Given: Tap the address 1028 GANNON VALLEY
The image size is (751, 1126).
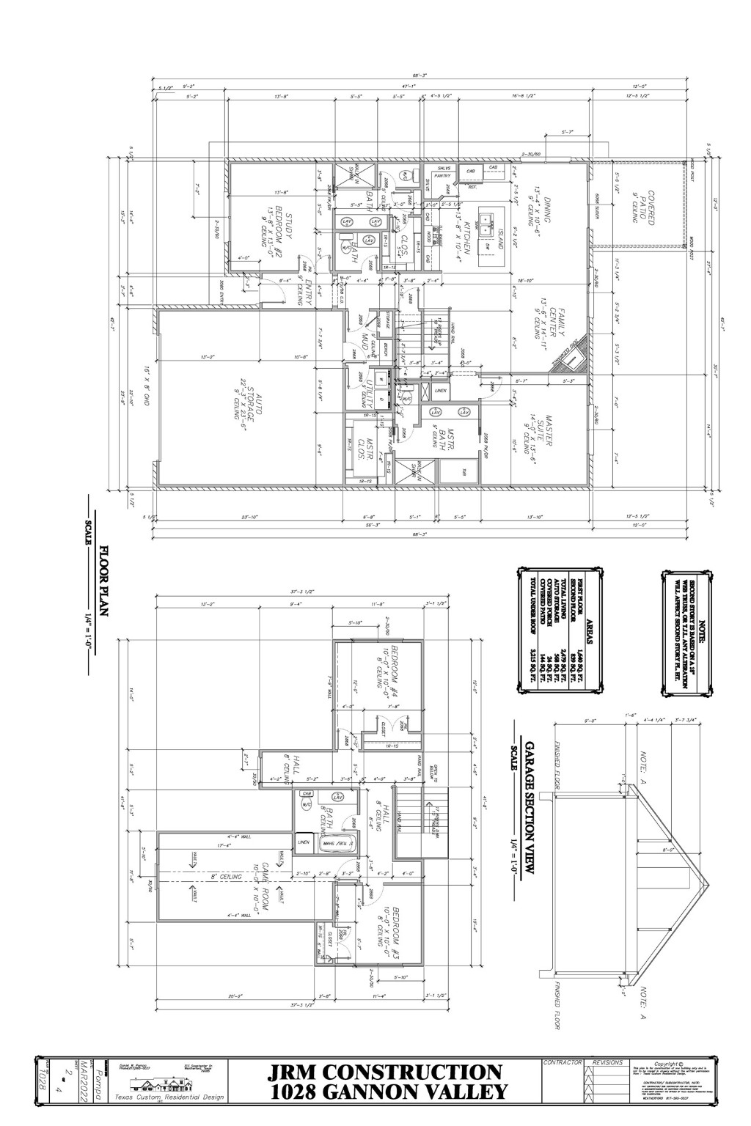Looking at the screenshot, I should click(387, 1092).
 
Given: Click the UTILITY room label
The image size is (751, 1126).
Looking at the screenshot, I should click(363, 389).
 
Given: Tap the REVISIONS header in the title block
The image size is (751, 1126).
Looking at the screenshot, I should click(607, 1061).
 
